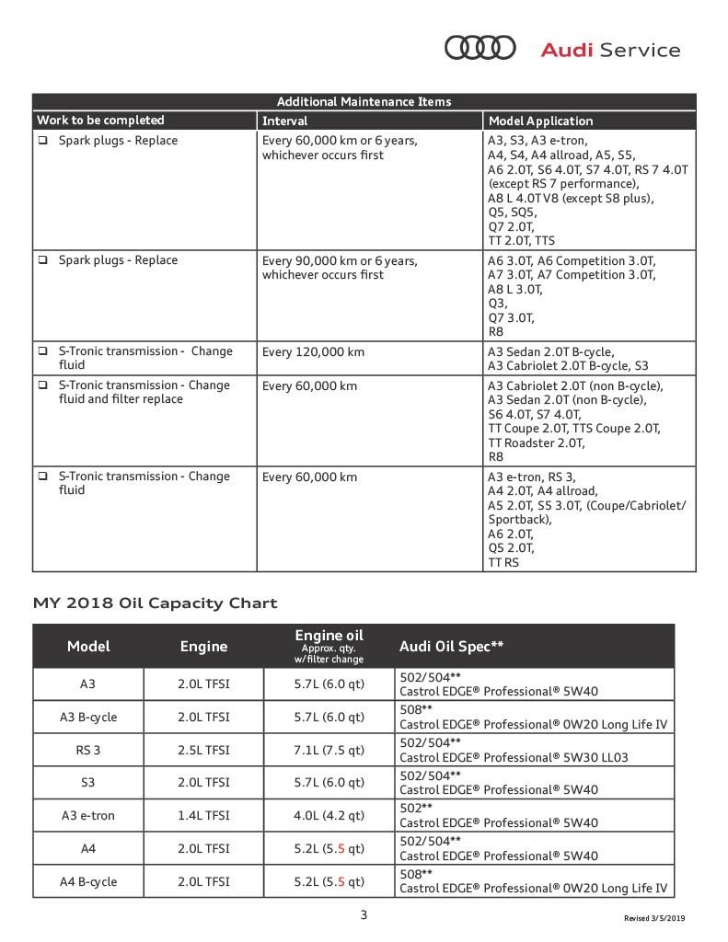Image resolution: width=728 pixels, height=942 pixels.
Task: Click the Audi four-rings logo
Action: pyautogui.click(x=480, y=48)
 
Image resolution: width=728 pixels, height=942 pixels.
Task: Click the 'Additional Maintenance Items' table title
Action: pyautogui.click(x=364, y=102)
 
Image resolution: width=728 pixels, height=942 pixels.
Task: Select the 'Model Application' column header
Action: pyautogui.click(x=540, y=121)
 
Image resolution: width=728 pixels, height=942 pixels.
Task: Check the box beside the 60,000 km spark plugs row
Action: pyautogui.click(x=43, y=141)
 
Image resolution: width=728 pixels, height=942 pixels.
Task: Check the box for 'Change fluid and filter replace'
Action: pyautogui.click(x=43, y=385)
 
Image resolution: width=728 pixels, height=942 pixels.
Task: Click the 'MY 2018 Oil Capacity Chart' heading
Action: pyautogui.click(x=155, y=603)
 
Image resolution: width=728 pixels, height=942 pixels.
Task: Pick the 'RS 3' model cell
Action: pyautogui.click(x=88, y=750)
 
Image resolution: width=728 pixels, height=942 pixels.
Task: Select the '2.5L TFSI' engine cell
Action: pyautogui.click(x=203, y=750)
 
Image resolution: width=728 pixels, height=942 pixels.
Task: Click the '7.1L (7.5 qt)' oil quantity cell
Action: pyautogui.click(x=329, y=750)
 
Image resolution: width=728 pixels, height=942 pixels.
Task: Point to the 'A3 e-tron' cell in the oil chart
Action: pyautogui.click(x=88, y=815)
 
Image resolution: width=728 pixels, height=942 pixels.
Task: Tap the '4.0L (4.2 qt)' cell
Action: pyautogui.click(x=329, y=815)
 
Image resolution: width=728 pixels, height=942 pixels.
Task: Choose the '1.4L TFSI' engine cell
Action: pyautogui.click(x=203, y=815)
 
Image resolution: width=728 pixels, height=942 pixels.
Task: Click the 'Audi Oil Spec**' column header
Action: pyautogui.click(x=451, y=646)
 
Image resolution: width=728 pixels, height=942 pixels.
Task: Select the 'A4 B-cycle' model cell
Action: pyautogui.click(x=88, y=881)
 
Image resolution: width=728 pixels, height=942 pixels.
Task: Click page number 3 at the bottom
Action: pyautogui.click(x=364, y=914)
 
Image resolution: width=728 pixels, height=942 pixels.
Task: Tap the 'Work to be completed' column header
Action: pyautogui.click(x=100, y=121)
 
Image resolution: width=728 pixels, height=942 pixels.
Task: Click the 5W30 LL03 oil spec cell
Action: pyautogui.click(x=534, y=750)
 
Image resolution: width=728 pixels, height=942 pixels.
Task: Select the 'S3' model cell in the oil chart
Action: pyautogui.click(x=88, y=783)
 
